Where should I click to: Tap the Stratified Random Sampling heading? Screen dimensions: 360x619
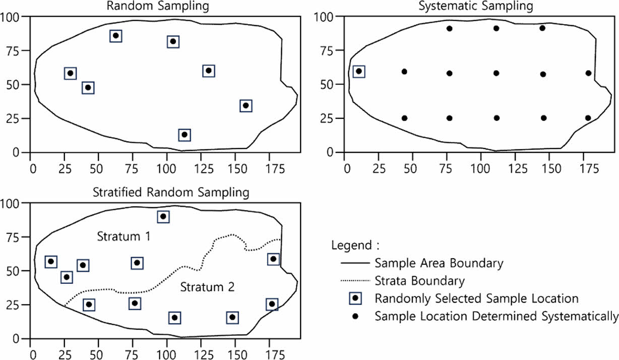pyautogui.click(x=170, y=192)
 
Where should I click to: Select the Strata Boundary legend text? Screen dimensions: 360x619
pyautogui.click(x=420, y=280)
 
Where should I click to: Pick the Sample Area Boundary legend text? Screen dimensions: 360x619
pyautogui.click(x=439, y=263)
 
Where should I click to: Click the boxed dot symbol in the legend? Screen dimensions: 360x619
pyautogui.click(x=355, y=298)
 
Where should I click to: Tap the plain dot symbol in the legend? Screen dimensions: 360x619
pyautogui.click(x=355, y=316)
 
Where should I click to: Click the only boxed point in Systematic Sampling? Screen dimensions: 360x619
pyautogui.click(x=359, y=72)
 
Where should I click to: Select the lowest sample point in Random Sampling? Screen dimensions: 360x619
pyautogui.click(x=184, y=135)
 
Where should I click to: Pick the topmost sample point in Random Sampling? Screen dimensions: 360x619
pyautogui.click(x=115, y=36)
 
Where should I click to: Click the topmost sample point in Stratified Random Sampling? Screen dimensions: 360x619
pyautogui.click(x=163, y=217)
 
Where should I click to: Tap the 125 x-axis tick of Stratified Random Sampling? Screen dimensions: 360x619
pyautogui.click(x=203, y=349)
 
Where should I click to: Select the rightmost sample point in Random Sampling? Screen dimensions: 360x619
pyautogui.click(x=245, y=105)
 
